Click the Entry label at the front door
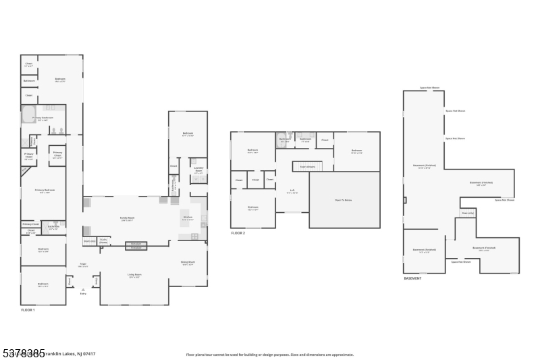point(83,293)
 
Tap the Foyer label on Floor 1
point(83,265)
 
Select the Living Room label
point(134,275)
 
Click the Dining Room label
point(188,263)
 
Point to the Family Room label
point(126,219)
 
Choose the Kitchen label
point(188,217)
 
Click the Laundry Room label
point(198,170)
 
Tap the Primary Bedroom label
point(45,190)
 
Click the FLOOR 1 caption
point(28,309)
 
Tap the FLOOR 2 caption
point(238,233)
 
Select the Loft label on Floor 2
point(292,190)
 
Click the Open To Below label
point(344,201)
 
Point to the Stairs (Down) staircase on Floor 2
point(308,165)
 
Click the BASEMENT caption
point(412,278)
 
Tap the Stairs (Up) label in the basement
point(467,213)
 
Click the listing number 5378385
point(23,353)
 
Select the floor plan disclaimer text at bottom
point(269,354)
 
